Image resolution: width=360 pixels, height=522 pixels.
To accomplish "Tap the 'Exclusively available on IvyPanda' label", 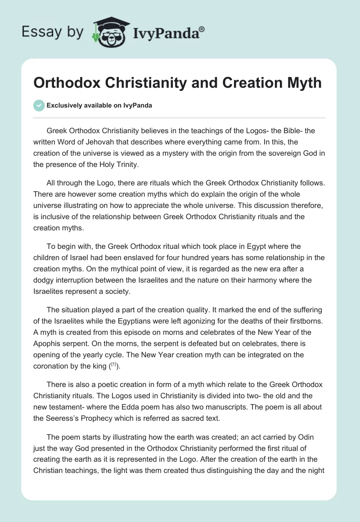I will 99,105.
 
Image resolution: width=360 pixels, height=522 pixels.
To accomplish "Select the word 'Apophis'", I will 48,343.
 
